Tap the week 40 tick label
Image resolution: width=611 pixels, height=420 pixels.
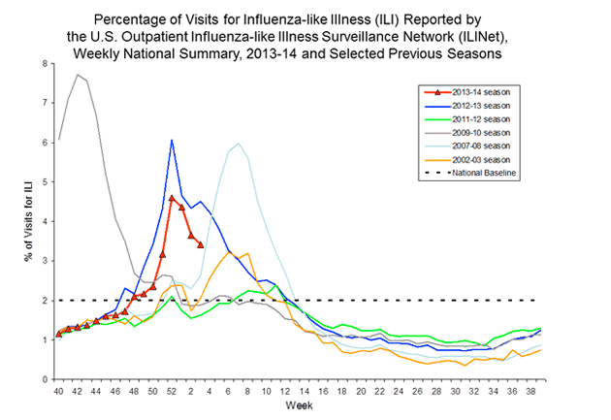(58, 390)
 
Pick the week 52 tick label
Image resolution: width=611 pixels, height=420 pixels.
(172, 390)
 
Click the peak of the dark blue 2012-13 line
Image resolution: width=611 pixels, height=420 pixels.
(172, 141)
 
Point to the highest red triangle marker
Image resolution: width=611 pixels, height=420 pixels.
(172, 198)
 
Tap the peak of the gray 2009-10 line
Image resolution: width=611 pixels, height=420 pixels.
(78, 75)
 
